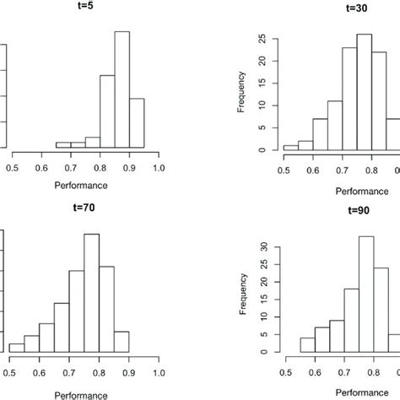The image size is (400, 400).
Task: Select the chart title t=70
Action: (85, 213)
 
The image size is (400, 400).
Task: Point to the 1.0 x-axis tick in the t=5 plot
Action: (159, 167)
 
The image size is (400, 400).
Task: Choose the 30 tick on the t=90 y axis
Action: (263, 249)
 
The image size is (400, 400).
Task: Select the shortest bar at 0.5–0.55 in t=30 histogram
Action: (290, 148)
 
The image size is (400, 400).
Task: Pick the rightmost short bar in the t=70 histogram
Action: (122, 342)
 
